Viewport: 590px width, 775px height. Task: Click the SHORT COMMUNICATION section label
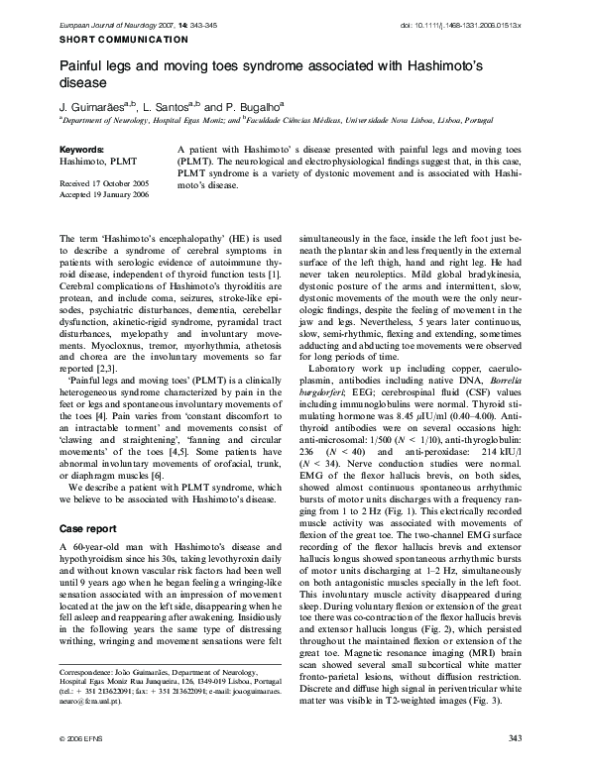point(124,39)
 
